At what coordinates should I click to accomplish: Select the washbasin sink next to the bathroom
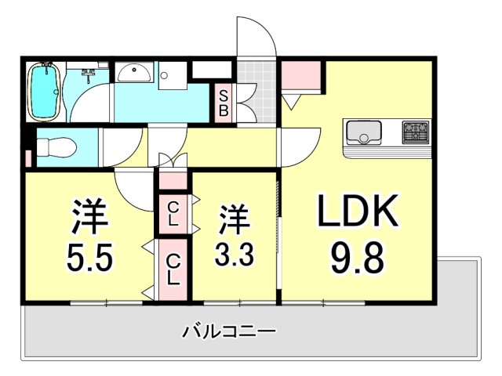pyautogui.click(x=136, y=74)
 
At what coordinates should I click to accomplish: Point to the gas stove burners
pyautogui.click(x=416, y=132)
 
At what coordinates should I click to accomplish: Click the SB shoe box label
pyautogui.click(x=224, y=103)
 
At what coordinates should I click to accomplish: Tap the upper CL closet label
pyautogui.click(x=173, y=213)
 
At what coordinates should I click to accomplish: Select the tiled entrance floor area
pyautogui.click(x=258, y=92)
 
